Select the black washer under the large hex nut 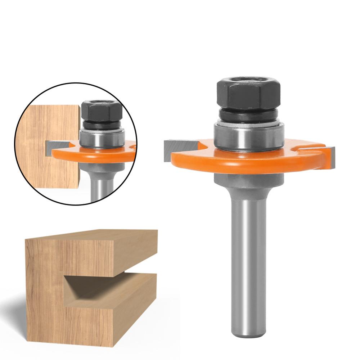248,116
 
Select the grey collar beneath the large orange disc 248,180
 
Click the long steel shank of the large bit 248,252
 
